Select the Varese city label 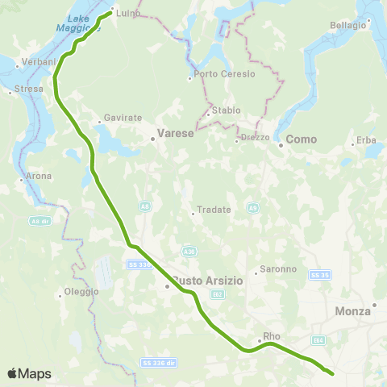(175, 133)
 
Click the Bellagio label (347, 25)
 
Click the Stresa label (29, 89)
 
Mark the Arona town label (38, 176)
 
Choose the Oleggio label (81, 291)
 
